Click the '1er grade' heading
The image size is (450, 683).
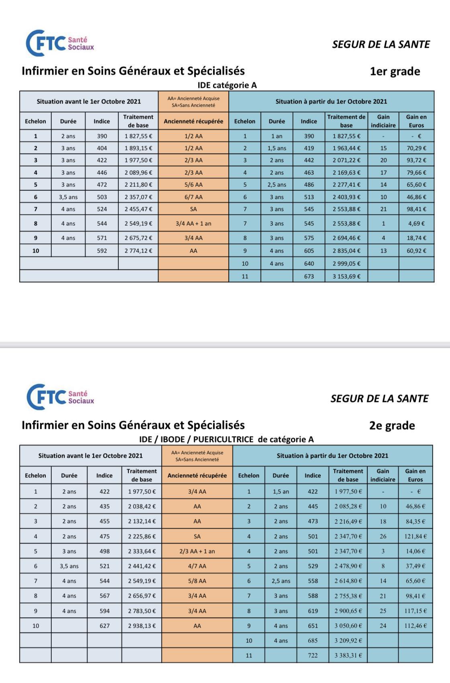point(395,71)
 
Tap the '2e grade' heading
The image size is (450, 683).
point(392,425)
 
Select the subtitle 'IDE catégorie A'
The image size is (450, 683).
point(227,85)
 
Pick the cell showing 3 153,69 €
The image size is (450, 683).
point(346,276)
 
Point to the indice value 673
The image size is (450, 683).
point(309,276)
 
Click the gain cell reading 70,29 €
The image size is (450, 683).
point(416,148)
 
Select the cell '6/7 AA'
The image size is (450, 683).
point(193,197)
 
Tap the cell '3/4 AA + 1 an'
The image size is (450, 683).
point(193,224)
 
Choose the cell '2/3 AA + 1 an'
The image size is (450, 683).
point(197,551)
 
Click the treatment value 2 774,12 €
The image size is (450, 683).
point(138,251)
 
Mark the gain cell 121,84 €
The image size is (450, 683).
point(416,536)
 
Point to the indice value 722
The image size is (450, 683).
point(312,655)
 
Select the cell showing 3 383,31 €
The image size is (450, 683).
point(348,655)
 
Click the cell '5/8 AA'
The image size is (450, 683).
point(197,581)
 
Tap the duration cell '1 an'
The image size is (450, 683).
point(277,136)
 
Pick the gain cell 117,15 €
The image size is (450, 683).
point(416,611)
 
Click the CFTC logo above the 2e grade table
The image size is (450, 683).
point(60,397)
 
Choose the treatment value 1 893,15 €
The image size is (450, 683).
point(138,148)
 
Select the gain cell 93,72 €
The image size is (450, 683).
point(416,160)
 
